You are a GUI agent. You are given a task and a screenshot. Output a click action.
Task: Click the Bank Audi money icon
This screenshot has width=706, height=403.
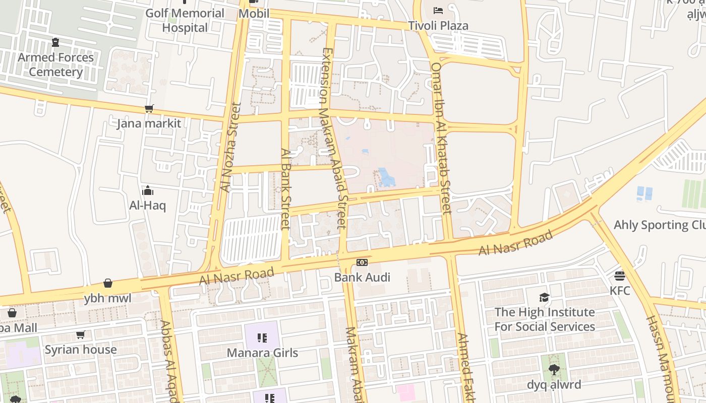362,262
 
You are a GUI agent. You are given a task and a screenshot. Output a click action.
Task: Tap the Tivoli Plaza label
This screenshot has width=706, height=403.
438,26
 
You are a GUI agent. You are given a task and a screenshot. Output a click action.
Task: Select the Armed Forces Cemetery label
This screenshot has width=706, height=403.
55,64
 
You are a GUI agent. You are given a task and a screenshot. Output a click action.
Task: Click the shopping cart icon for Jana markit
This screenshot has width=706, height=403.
149,109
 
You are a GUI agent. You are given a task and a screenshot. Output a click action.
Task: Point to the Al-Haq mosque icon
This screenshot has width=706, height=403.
148,190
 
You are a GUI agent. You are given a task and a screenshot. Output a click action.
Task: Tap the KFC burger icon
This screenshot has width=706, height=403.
620,276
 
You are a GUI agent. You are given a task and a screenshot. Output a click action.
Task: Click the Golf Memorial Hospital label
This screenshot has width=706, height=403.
185,20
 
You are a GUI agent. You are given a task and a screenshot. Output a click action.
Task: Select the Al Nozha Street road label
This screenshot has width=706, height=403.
230,147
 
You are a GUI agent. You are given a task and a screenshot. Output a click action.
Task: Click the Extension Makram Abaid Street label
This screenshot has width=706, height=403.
334,139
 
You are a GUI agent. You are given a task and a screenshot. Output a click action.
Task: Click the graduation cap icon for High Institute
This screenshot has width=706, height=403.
544,297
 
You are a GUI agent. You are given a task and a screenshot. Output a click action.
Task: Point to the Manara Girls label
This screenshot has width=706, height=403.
262,353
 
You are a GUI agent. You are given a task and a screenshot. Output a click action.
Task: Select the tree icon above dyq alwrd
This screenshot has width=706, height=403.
554,370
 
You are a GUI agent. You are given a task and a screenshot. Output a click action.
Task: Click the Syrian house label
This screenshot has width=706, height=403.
81,350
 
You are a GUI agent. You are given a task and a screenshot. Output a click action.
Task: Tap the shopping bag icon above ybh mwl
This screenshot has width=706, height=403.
108,284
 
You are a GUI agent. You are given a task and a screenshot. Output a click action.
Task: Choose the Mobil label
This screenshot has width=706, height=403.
254,14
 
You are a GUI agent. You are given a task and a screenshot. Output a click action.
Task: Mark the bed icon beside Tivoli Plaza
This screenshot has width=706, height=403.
438,10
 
